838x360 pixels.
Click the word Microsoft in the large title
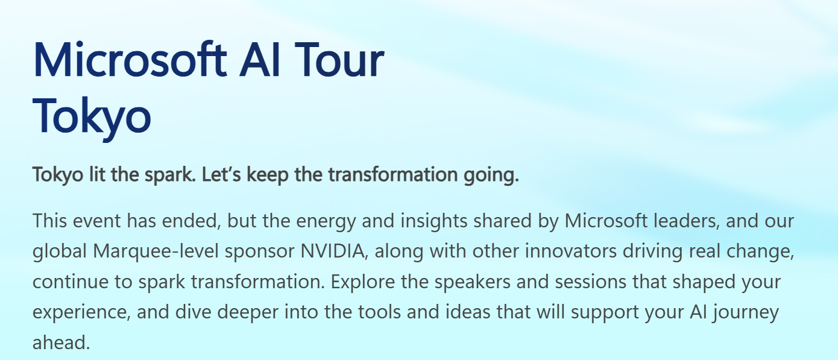[x=130, y=60]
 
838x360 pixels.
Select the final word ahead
[x=60, y=343]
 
